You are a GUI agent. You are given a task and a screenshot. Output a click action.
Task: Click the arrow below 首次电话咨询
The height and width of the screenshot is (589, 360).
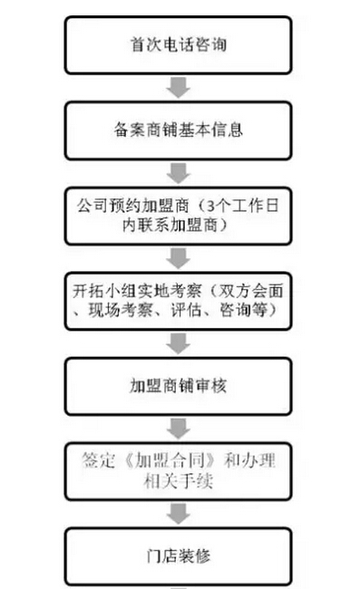point(179,87)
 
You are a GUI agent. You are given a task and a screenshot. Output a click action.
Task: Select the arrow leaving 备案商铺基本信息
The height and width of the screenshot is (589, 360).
point(179,172)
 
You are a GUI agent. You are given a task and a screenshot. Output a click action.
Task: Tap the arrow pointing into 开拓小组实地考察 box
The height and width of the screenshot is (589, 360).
point(179,256)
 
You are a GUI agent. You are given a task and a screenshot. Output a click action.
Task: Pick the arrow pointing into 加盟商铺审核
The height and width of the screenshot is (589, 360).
point(179,343)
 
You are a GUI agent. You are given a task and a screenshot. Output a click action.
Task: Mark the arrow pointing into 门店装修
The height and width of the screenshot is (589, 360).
point(179,513)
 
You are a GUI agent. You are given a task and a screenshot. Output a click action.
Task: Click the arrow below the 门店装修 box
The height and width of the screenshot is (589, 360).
point(179,584)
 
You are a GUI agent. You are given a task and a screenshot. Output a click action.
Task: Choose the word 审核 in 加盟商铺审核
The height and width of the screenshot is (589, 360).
point(209,386)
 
